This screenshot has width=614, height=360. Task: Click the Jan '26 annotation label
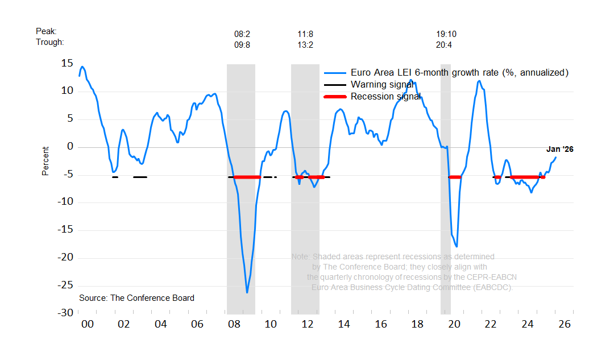559,150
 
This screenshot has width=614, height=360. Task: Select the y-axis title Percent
45,161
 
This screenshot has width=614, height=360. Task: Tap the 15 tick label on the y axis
67,63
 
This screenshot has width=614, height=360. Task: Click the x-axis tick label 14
343,324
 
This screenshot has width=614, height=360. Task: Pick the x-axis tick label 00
86,324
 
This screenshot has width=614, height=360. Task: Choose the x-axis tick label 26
564,324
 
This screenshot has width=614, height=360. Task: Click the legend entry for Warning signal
381,85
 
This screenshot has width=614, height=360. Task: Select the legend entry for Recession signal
385,97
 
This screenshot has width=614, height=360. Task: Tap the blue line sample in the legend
335,73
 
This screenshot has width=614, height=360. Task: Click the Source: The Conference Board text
136,298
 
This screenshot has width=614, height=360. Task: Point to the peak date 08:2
242,34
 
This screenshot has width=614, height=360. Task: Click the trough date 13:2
305,44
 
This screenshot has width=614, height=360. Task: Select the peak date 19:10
446,34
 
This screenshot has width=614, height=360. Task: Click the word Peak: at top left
46,31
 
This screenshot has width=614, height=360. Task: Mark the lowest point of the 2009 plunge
247,292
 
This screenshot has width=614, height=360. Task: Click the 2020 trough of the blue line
457,246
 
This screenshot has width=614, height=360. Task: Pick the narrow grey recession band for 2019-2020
446,188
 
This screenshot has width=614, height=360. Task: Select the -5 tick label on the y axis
67,175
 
